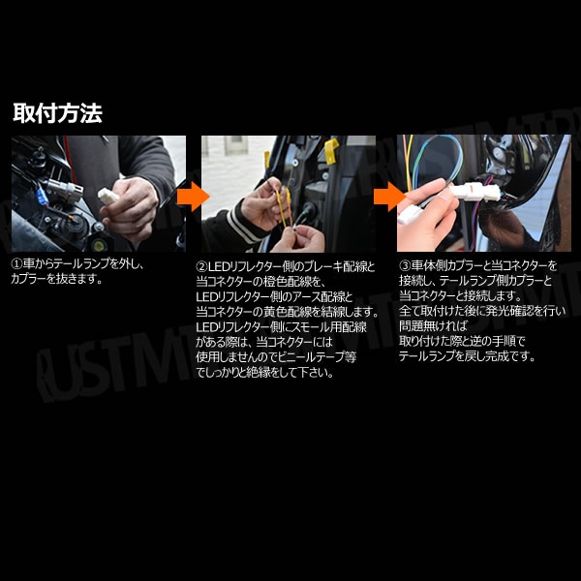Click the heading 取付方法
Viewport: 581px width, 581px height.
click(57, 113)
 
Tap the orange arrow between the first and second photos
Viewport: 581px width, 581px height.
click(193, 197)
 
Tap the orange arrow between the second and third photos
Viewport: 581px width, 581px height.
click(390, 197)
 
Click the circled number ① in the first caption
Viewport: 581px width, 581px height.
click(17, 264)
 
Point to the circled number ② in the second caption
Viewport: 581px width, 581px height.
click(202, 267)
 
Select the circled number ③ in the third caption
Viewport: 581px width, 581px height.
click(405, 265)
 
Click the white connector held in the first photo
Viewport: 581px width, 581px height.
click(107, 196)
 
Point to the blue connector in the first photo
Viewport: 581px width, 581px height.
click(41, 198)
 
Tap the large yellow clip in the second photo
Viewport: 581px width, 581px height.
click(331, 150)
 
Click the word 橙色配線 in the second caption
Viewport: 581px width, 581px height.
click(288, 282)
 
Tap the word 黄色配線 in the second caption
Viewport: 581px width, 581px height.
click(288, 312)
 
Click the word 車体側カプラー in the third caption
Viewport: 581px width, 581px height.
click(445, 265)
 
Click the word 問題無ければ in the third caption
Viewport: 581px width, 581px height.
click(433, 326)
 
